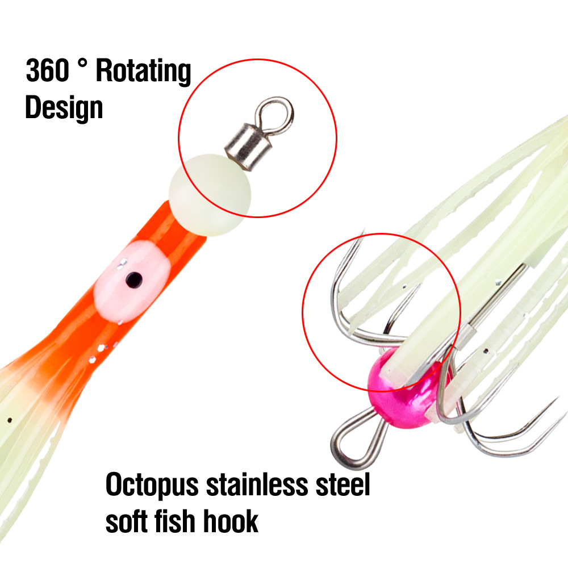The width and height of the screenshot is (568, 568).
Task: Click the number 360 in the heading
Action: click(x=47, y=70)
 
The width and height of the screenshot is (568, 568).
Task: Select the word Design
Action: click(x=64, y=108)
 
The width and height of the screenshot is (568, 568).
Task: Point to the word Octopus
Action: click(x=152, y=485)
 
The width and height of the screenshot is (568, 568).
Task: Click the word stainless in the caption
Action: click(x=257, y=485)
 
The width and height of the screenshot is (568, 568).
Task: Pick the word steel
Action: click(x=343, y=485)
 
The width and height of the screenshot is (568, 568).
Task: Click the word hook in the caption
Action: click(x=231, y=520)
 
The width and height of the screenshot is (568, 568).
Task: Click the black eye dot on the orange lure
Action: click(x=133, y=279)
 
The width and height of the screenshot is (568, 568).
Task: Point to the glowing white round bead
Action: click(x=210, y=195)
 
